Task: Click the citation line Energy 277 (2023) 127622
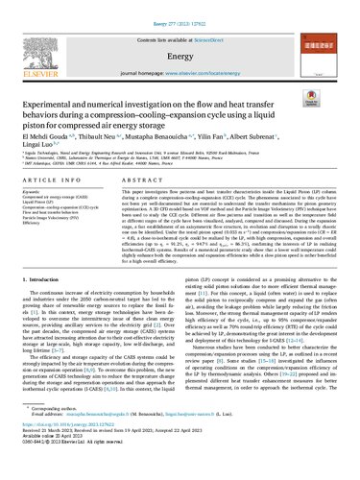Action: point(180,9)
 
